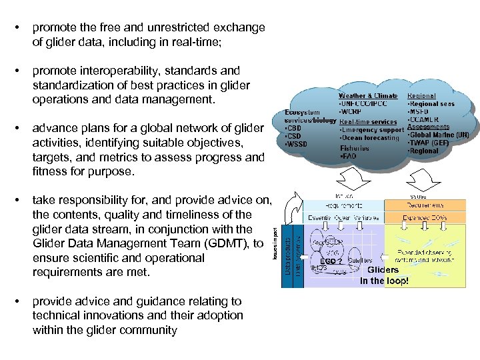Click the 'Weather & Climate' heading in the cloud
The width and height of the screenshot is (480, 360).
pos(368,96)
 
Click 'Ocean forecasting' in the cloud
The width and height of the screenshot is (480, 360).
pos(371,137)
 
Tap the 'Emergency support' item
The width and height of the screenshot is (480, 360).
pos(371,129)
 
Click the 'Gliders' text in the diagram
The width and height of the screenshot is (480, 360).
pos(383,270)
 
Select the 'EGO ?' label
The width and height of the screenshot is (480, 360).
pos(331,261)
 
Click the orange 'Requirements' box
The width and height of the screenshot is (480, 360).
pos(427,205)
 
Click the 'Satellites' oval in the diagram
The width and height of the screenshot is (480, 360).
pos(359,261)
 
